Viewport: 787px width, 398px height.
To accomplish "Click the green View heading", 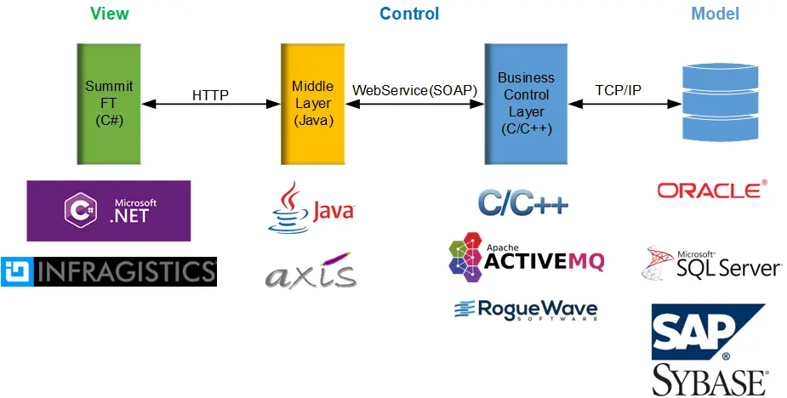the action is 110,14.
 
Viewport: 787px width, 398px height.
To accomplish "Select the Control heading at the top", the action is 409,14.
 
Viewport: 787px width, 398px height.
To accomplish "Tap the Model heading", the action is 716,14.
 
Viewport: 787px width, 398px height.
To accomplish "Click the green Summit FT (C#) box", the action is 109,104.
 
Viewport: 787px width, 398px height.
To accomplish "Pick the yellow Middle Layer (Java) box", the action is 313,104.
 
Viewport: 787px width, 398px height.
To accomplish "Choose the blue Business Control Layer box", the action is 526,104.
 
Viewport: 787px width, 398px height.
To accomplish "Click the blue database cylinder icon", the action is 721,102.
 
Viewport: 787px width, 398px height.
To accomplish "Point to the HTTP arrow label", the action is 210,95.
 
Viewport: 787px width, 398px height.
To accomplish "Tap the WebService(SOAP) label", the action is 414,90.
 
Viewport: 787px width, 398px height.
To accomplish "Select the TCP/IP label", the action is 618,90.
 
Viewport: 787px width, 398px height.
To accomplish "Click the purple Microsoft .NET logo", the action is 108,211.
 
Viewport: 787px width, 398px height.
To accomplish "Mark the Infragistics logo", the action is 109,271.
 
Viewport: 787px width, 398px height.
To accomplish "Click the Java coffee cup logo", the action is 311,208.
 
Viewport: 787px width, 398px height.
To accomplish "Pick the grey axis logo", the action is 311,271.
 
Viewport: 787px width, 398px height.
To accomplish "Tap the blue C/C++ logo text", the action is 523,202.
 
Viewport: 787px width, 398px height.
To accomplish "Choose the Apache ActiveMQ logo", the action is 526,257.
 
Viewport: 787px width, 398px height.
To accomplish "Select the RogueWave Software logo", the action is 526,310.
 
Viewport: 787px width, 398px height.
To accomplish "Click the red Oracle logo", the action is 712,190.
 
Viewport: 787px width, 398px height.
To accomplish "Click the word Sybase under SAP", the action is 710,380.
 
